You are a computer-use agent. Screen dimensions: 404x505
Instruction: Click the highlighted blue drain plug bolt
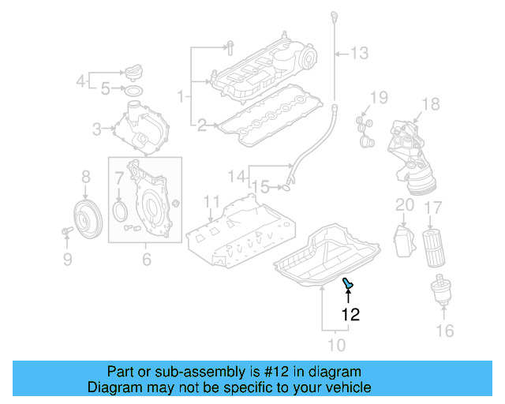[x=347, y=283]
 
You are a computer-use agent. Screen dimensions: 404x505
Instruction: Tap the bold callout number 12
[x=350, y=314]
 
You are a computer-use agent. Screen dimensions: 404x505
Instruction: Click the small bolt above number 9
[x=65, y=230]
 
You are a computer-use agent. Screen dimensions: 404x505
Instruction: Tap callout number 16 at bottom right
[x=445, y=330]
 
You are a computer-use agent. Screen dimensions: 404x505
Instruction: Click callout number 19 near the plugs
[x=379, y=97]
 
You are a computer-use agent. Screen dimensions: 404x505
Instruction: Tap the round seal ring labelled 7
[x=120, y=210]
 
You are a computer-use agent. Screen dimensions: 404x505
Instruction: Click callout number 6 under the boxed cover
[x=146, y=259]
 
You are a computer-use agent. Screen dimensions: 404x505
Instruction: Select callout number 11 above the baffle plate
[x=210, y=201]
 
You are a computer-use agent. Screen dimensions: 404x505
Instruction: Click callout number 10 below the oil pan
[x=336, y=345]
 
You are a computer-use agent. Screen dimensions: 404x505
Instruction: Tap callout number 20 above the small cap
[x=404, y=205]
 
